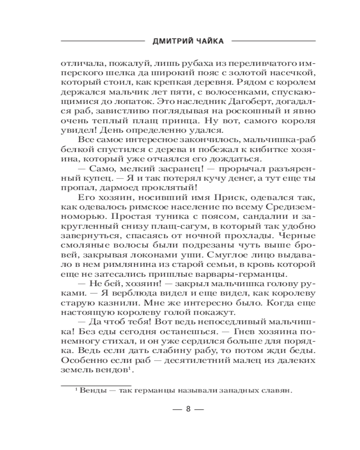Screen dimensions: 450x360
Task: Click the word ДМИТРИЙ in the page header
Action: (x=166, y=41)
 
